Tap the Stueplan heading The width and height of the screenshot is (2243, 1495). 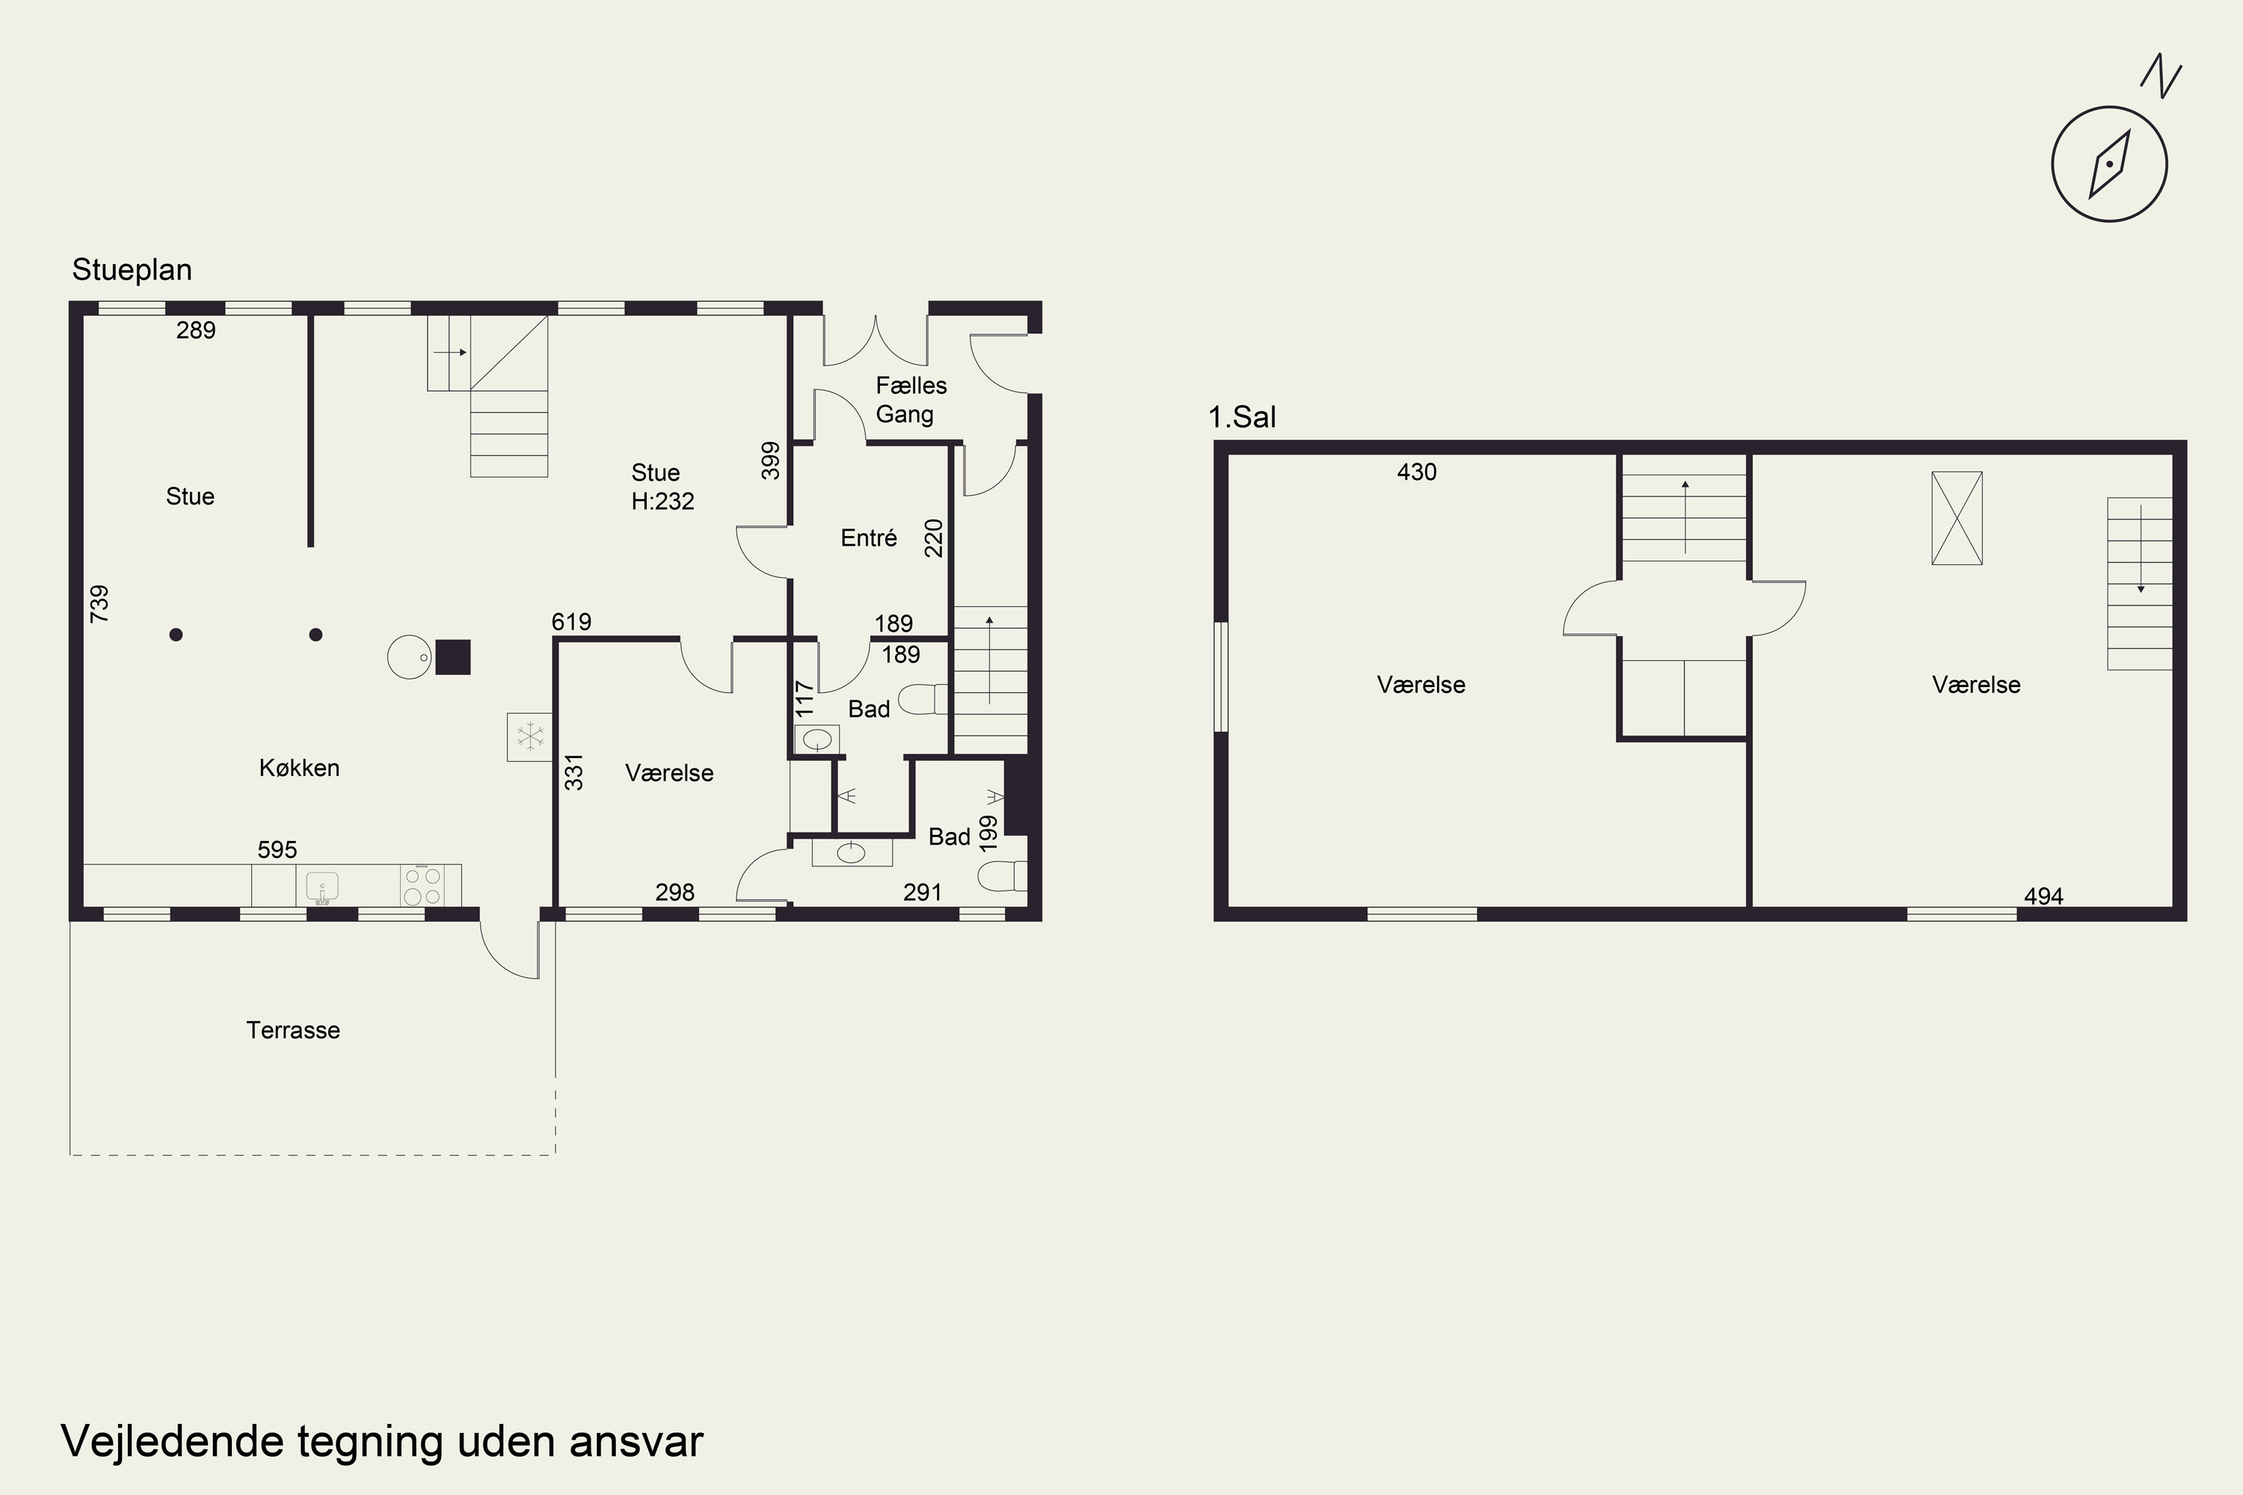132,270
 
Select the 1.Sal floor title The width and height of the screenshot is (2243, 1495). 1242,416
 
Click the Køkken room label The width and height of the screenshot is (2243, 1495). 300,768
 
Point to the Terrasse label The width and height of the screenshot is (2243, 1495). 293,1030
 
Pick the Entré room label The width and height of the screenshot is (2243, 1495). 869,537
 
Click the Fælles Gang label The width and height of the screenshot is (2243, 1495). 911,399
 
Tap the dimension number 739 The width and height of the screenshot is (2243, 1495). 99,605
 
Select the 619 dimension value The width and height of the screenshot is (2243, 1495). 571,622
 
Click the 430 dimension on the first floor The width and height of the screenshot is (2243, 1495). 1416,472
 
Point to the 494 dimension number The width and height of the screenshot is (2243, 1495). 2043,896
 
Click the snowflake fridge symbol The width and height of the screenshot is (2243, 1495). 529,737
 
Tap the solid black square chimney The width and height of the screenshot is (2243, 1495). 453,657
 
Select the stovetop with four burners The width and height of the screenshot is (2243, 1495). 422,885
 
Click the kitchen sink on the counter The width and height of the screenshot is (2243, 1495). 322,887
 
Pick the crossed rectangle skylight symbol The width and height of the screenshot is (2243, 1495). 1957,518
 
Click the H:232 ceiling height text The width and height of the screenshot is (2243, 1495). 662,502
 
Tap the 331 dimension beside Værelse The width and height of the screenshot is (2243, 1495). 573,771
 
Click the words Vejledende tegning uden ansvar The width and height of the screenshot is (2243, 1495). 381,1442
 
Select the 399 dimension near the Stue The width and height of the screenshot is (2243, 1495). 771,460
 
